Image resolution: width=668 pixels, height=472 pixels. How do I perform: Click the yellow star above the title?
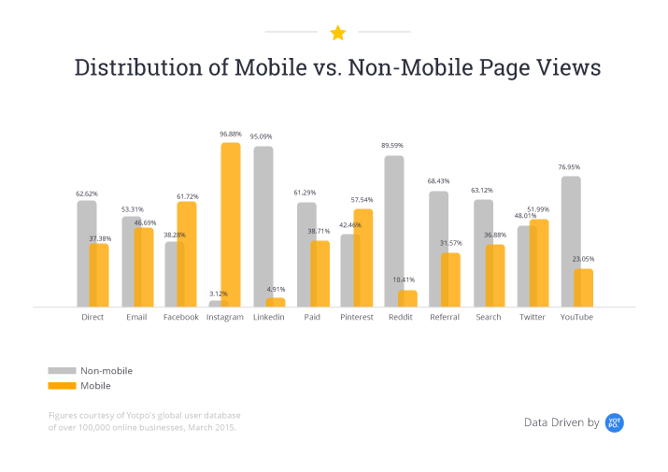pos(337,34)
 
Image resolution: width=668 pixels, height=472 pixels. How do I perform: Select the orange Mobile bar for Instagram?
pos(231,224)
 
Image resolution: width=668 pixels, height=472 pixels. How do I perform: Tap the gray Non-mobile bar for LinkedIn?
pos(263,224)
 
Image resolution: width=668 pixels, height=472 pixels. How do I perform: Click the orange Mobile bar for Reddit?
pos(406,298)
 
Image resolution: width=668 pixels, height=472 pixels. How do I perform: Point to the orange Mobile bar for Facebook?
pos(187,253)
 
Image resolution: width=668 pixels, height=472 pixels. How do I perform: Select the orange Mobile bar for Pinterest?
pos(362,257)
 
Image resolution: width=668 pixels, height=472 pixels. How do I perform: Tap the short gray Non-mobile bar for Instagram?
pos(215,303)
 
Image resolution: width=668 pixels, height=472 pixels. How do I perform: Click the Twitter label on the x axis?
pos(533,318)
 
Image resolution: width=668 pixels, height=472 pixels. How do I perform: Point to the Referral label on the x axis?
pos(445,318)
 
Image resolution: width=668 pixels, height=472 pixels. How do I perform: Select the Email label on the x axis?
pos(136,318)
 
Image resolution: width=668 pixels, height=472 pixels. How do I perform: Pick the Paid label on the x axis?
pos(312,318)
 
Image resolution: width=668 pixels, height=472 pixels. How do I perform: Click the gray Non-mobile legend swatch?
pos(61,371)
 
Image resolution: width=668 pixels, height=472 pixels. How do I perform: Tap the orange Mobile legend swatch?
pos(61,386)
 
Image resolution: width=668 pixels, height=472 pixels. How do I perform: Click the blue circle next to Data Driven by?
pos(615,422)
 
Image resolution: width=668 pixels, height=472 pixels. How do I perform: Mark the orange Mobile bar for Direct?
pos(99,275)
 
